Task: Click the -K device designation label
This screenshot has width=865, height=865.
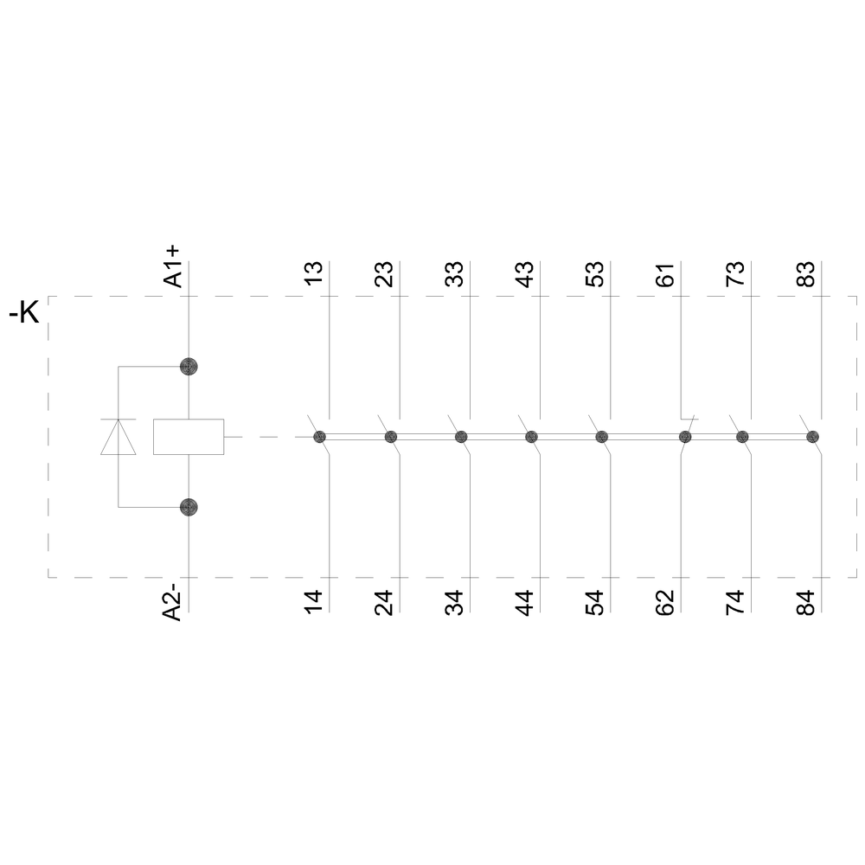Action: click(x=23, y=313)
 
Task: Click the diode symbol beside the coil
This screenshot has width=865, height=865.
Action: click(x=119, y=437)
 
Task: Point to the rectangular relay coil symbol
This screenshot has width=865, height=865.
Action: click(x=189, y=437)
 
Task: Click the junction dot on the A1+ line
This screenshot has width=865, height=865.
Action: click(x=189, y=367)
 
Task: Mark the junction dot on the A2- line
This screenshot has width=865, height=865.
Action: click(x=189, y=507)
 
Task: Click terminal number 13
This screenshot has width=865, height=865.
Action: click(x=315, y=273)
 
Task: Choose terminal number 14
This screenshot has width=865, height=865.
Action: click(x=315, y=601)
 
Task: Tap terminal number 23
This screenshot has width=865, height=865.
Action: click(x=385, y=273)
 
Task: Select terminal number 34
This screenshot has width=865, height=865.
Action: click(x=455, y=601)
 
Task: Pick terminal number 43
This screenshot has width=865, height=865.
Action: click(x=525, y=273)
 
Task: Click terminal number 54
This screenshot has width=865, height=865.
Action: click(x=595, y=601)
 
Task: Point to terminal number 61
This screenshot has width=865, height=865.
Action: click(x=665, y=273)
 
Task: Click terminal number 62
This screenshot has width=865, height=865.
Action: click(x=665, y=601)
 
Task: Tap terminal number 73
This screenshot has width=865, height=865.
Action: click(x=735, y=273)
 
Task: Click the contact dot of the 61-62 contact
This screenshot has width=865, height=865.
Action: click(x=685, y=437)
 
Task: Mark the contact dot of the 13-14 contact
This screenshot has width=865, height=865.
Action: click(x=319, y=437)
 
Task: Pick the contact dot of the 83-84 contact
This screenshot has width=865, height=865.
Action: click(x=812, y=437)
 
